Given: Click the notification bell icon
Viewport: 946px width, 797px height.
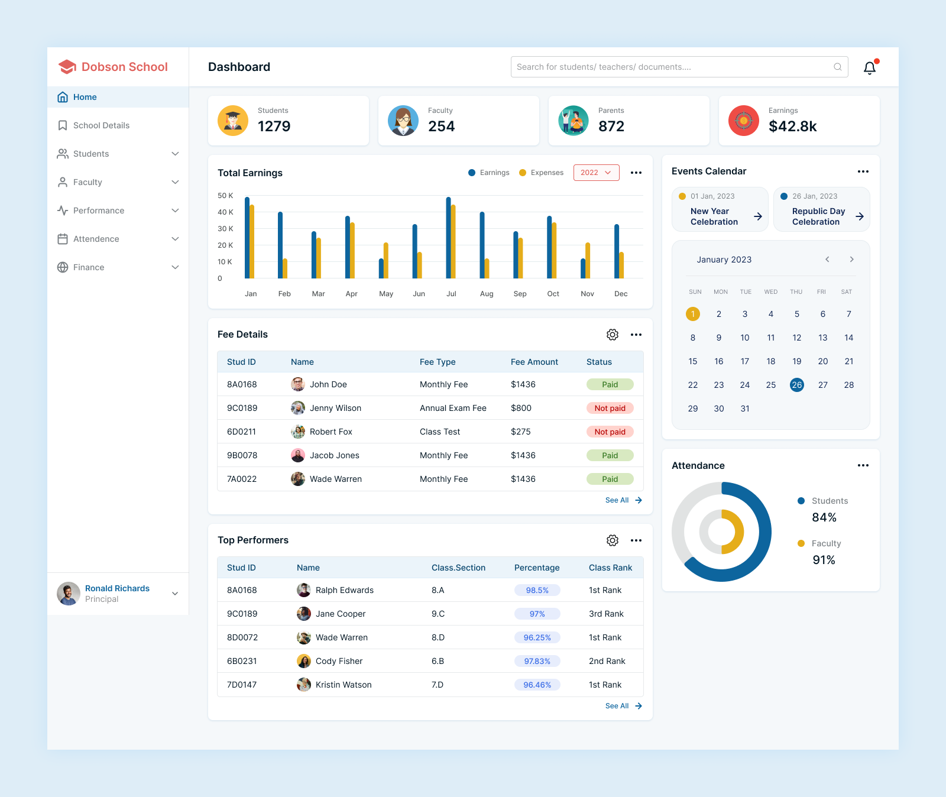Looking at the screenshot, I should click(869, 68).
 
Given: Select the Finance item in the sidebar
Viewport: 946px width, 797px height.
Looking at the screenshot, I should click(89, 267).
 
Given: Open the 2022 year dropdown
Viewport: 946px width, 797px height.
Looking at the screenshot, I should click(596, 173).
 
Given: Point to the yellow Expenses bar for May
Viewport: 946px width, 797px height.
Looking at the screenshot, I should click(386, 260).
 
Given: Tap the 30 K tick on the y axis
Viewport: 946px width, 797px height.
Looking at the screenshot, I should click(225, 229).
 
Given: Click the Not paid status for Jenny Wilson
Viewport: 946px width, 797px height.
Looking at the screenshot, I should click(610, 408).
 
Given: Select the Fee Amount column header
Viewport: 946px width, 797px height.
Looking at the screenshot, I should click(534, 362).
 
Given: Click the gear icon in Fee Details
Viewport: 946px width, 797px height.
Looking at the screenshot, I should click(613, 335).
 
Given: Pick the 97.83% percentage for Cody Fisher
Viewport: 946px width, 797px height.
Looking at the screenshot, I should click(537, 661).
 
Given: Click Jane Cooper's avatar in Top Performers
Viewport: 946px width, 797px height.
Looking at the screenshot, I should click(304, 614).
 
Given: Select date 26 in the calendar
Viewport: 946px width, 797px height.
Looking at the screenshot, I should click(796, 385).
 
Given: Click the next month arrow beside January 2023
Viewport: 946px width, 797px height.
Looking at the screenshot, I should click(851, 260).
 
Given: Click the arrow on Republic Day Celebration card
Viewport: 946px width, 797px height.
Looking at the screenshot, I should click(860, 216).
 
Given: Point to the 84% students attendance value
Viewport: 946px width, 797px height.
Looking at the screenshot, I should click(824, 517).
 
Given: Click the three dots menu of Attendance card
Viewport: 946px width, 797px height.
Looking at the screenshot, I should click(863, 465).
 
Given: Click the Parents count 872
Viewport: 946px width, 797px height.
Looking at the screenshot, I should click(611, 127).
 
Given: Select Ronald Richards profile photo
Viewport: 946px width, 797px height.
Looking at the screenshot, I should click(69, 594).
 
